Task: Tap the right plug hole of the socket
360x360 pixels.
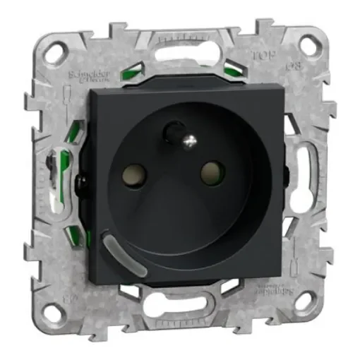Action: [x=210, y=172]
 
